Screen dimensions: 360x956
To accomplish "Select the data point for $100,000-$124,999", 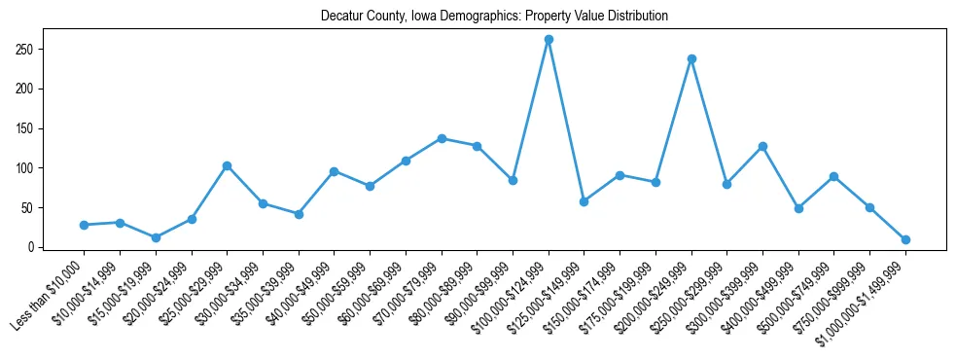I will coord(549,39).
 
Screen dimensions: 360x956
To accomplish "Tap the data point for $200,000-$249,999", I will coord(691,58).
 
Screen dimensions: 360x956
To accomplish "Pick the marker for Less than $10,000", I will coord(84,225).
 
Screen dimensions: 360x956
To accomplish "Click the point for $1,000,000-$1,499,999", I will coord(905,239).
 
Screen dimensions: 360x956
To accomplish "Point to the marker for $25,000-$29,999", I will coord(227,165).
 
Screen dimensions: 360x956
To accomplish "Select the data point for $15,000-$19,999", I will coord(156,237).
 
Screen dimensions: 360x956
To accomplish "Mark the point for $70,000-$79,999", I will coord(442,138).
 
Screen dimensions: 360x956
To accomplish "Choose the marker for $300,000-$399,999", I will coord(762,146).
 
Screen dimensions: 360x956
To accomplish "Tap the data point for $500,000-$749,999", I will coord(834,176).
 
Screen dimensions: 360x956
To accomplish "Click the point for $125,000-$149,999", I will coord(584,201).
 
